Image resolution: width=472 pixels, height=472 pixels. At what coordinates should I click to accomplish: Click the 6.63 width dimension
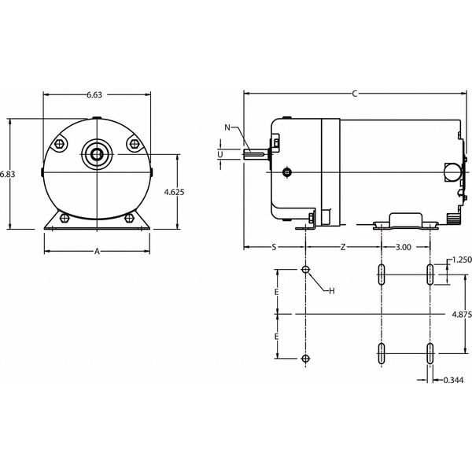click(94, 95)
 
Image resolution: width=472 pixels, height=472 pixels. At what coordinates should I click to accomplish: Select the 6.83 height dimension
click(7, 173)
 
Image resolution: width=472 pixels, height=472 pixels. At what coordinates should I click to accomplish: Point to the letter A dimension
click(97, 252)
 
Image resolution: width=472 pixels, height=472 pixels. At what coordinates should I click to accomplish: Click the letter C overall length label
click(355, 94)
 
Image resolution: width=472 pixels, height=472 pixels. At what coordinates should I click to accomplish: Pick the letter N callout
click(228, 127)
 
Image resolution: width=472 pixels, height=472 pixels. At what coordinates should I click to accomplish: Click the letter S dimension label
click(274, 247)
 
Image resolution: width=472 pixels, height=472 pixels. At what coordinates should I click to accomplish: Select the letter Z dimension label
click(343, 247)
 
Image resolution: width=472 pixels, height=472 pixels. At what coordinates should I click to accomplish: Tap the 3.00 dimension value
click(403, 247)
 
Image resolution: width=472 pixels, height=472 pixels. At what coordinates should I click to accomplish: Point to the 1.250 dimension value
click(462, 260)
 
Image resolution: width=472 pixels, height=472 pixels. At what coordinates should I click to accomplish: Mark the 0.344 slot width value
click(454, 380)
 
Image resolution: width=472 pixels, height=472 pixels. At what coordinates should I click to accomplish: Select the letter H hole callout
click(331, 291)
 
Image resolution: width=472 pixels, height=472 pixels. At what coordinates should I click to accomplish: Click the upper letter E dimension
click(277, 291)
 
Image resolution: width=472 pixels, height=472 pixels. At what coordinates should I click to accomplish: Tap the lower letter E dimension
click(277, 336)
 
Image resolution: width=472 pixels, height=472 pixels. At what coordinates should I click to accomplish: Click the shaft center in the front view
click(97, 153)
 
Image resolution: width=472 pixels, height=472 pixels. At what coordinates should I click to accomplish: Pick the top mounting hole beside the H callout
click(306, 270)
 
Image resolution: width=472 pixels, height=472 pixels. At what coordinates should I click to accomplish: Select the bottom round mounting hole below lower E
click(306, 359)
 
